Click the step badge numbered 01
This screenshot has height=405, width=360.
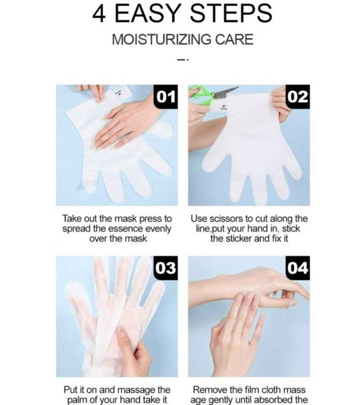(166, 97)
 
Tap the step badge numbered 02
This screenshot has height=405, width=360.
(298, 97)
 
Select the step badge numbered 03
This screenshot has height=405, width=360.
(166, 268)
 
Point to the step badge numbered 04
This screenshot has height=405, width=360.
(298, 268)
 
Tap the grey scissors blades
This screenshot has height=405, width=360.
(225, 92)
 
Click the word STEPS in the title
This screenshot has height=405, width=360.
(231, 13)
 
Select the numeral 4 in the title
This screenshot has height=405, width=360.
(99, 14)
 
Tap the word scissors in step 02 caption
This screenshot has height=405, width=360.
(227, 219)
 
